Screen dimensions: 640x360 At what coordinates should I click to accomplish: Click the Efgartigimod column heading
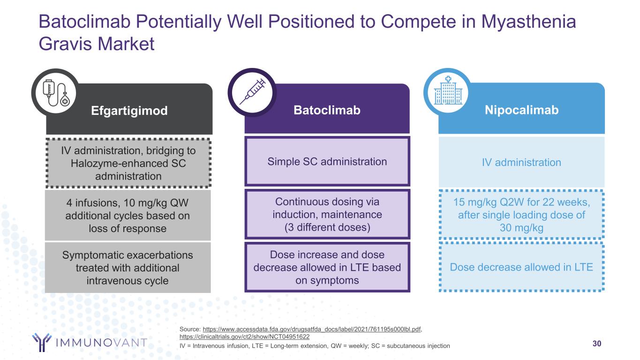click(x=129, y=111)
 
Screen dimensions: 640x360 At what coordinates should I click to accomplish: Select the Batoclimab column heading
click(x=327, y=110)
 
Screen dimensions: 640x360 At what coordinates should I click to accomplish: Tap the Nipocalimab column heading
click(x=521, y=110)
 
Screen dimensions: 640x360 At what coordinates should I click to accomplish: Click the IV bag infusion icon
click(x=56, y=93)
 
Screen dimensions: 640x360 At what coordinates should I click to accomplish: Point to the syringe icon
click(x=253, y=92)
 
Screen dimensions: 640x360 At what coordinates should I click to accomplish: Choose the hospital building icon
click(x=448, y=91)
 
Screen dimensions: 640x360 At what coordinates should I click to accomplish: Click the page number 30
click(x=597, y=344)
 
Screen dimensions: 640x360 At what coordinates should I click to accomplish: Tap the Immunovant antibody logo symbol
click(x=42, y=342)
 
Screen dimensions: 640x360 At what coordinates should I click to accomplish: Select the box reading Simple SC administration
click(x=327, y=161)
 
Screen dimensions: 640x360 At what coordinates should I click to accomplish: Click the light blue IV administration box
click(x=521, y=162)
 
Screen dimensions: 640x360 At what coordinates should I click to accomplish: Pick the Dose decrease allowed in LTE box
click(x=521, y=267)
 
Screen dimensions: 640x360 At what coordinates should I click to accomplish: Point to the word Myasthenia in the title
click(x=528, y=22)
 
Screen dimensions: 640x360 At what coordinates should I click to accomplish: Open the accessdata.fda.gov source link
click(x=312, y=329)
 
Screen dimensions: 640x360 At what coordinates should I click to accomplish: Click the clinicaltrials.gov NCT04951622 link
click(x=244, y=337)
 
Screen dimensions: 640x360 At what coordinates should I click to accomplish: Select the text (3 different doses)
click(x=327, y=227)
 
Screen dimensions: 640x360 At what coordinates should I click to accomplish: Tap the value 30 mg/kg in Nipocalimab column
click(x=521, y=228)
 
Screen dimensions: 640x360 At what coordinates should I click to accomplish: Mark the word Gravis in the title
click(x=65, y=44)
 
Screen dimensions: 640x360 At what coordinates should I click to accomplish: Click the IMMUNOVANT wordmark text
click(x=101, y=342)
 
